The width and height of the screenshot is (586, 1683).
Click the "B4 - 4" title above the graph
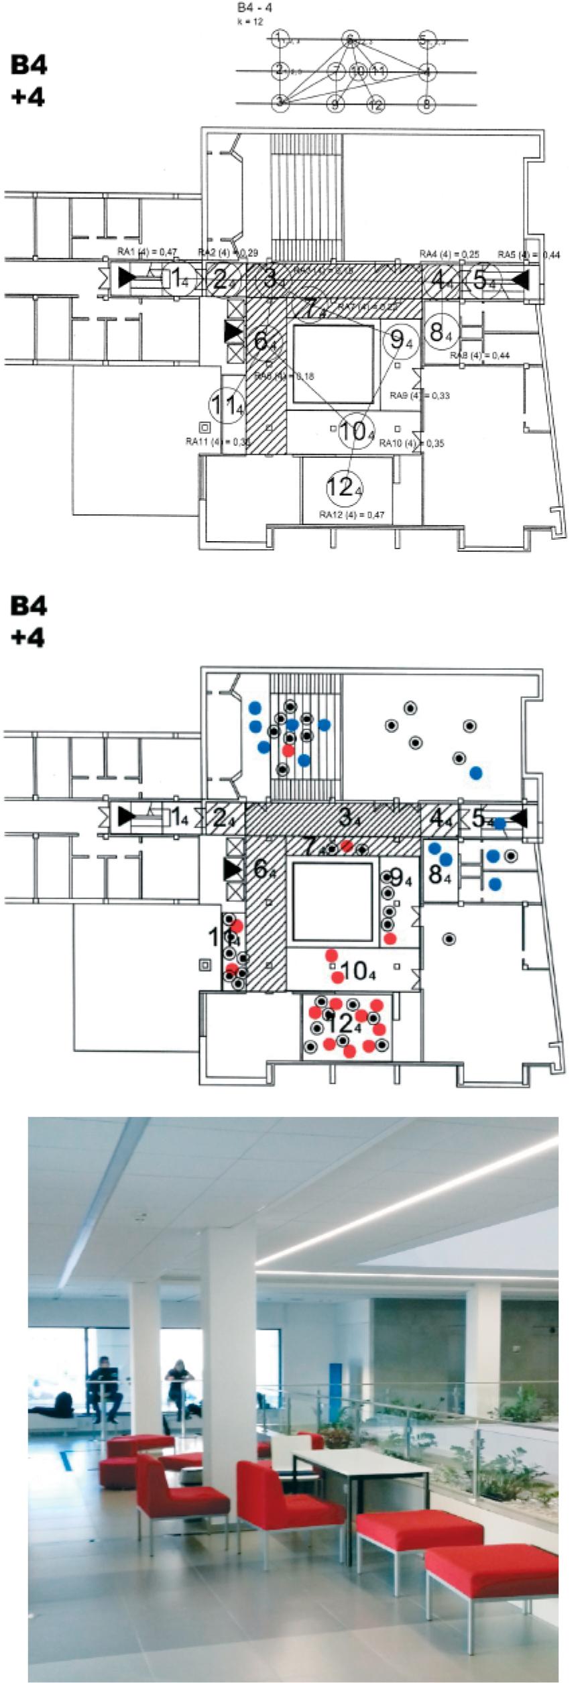(x=255, y=8)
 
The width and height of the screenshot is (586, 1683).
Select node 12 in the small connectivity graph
(x=375, y=105)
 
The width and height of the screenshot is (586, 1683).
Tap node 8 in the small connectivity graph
(x=426, y=105)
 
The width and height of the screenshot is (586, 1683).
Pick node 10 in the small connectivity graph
(x=358, y=71)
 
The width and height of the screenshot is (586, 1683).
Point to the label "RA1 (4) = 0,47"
(x=148, y=251)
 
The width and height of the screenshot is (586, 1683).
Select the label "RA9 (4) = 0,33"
(x=420, y=396)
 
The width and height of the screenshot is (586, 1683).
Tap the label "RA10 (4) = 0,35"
(x=412, y=443)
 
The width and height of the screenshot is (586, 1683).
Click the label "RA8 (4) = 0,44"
(x=479, y=355)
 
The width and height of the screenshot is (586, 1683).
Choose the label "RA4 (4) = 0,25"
(x=449, y=254)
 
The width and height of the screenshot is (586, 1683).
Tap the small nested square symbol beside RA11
(x=204, y=427)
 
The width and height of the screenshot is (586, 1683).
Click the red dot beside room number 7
(x=346, y=846)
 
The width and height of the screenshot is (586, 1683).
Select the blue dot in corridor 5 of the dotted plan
(x=500, y=824)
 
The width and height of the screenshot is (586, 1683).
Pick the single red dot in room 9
(x=390, y=937)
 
